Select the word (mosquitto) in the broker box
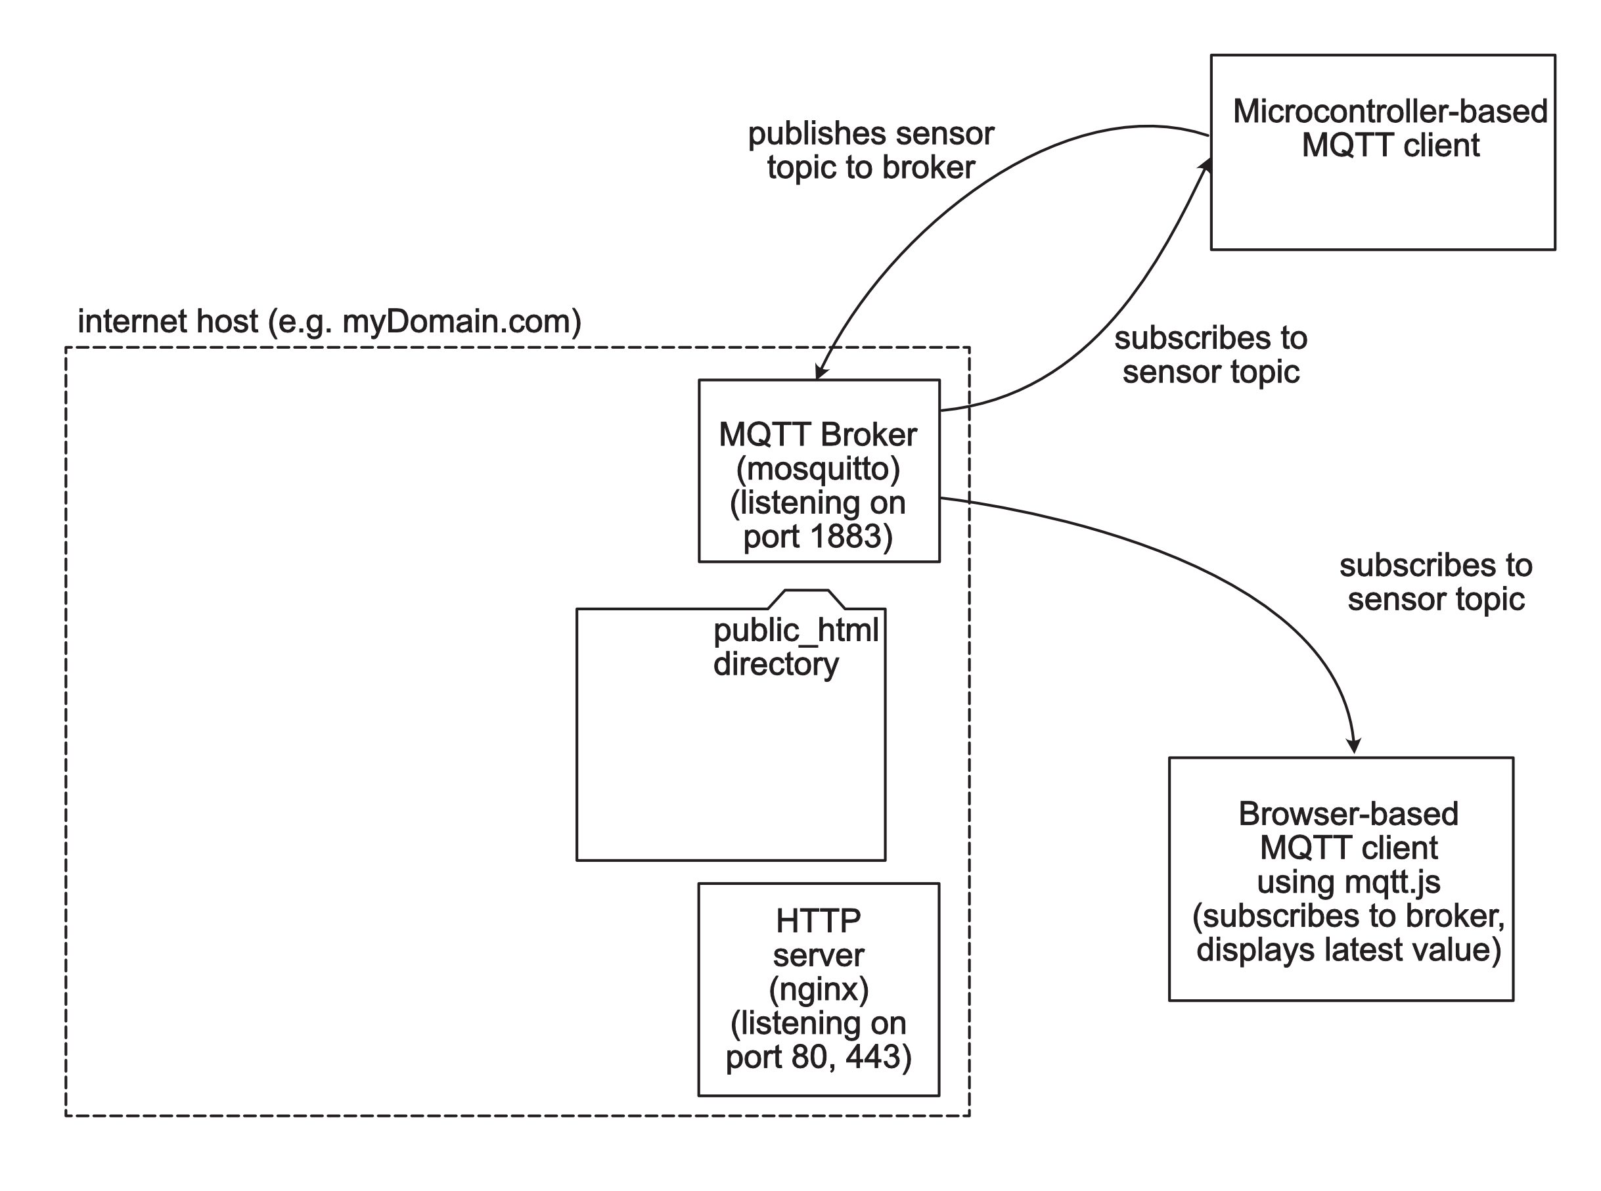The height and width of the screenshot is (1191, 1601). pos(818,469)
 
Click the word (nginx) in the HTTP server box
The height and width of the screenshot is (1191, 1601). pos(818,989)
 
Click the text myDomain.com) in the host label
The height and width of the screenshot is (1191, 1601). pos(461,321)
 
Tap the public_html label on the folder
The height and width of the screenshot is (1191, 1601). pos(796,631)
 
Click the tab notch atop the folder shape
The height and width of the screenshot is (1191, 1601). pos(806,599)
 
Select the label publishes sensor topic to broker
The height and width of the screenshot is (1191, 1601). pos(870,150)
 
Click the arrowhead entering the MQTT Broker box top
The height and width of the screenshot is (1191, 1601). pos(821,372)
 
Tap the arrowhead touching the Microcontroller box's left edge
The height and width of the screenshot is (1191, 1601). pos(1205,165)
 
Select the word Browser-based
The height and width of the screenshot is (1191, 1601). pos(1348,814)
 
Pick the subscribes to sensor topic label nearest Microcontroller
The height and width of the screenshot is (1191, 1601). pos(1211,355)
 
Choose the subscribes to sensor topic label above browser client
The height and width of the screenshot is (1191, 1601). pos(1435,583)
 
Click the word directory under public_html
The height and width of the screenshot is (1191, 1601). pos(776,664)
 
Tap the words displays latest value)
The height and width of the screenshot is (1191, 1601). pos(1348,949)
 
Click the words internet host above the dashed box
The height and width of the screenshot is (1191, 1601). pos(168,321)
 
